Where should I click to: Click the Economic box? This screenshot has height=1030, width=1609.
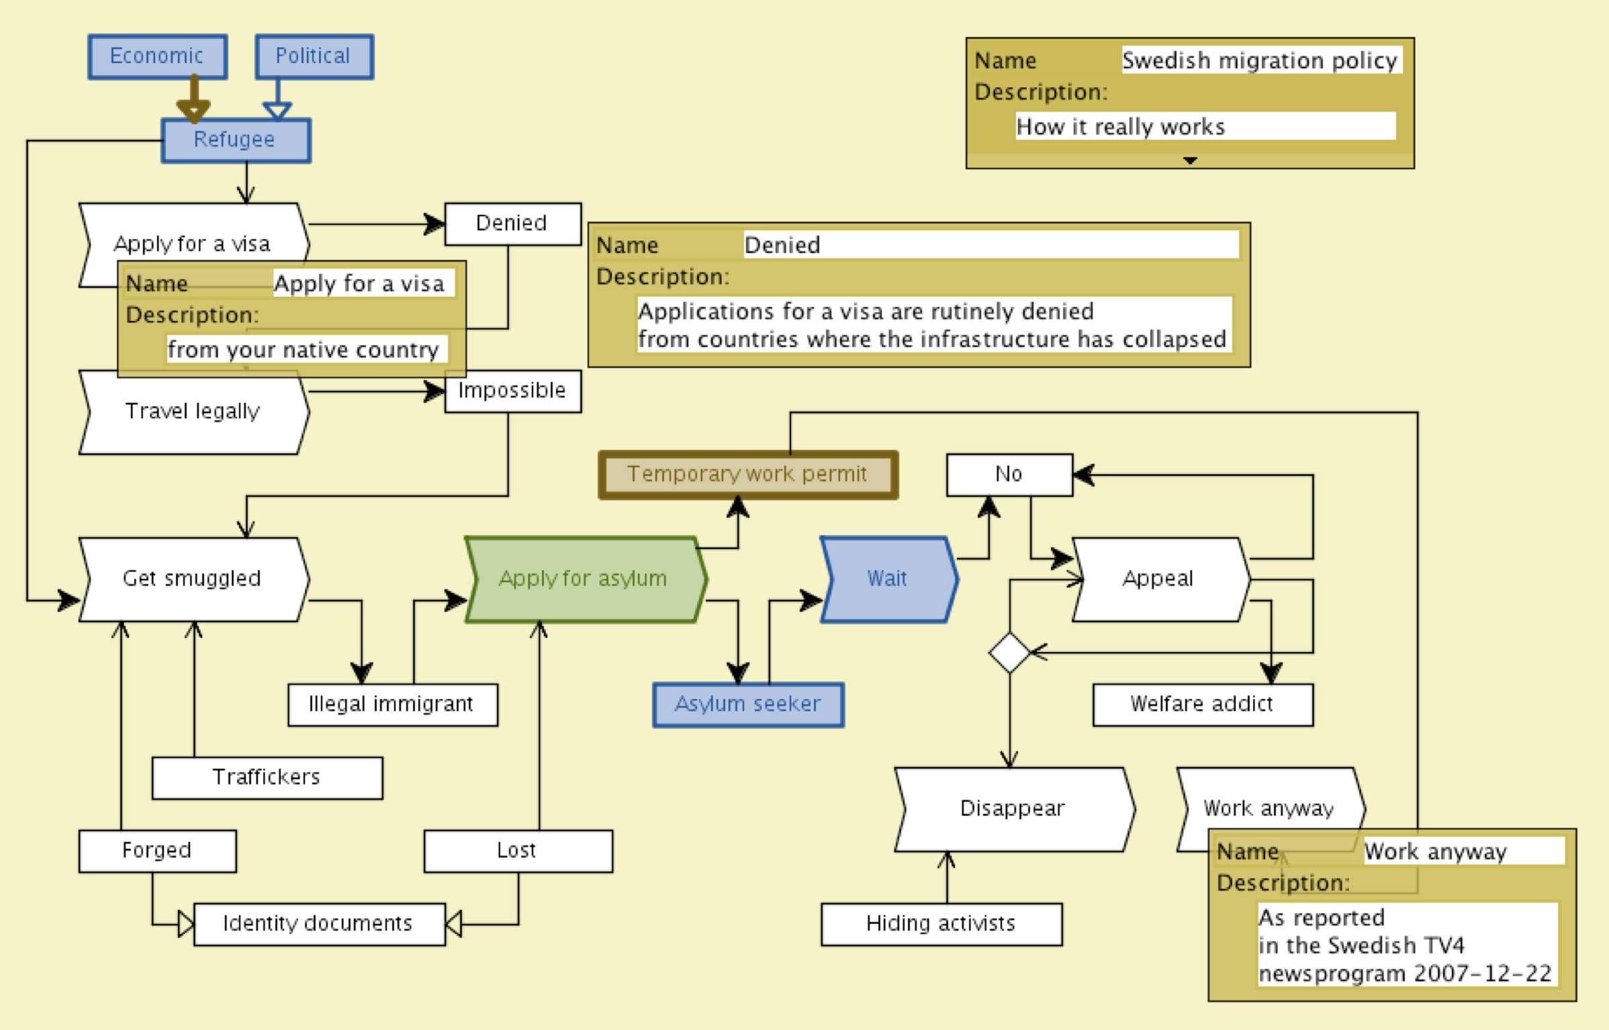tap(157, 56)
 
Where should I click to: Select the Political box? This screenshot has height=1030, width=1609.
tap(314, 56)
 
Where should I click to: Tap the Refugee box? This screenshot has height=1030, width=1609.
tap(236, 140)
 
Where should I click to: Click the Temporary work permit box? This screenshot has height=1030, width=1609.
tap(747, 474)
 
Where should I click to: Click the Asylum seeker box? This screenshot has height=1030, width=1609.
tap(748, 704)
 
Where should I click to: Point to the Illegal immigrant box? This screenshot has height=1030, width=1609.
tap(392, 704)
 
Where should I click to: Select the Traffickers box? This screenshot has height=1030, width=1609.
tap(267, 778)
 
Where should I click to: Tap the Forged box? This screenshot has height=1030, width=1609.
tap(157, 851)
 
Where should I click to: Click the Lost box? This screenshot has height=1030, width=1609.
tap(517, 851)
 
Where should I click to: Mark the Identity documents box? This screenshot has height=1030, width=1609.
tap(318, 924)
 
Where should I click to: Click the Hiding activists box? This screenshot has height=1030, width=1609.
tap(941, 924)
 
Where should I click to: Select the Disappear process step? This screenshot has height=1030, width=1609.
tap(1013, 809)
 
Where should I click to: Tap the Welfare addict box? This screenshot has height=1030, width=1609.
tap(1202, 704)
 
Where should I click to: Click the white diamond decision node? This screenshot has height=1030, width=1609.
tap(1009, 652)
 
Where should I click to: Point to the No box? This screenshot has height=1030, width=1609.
tap(1009, 475)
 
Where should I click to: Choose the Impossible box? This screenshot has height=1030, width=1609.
tap(512, 391)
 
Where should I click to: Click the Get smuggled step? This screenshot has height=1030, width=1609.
tap(193, 579)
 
